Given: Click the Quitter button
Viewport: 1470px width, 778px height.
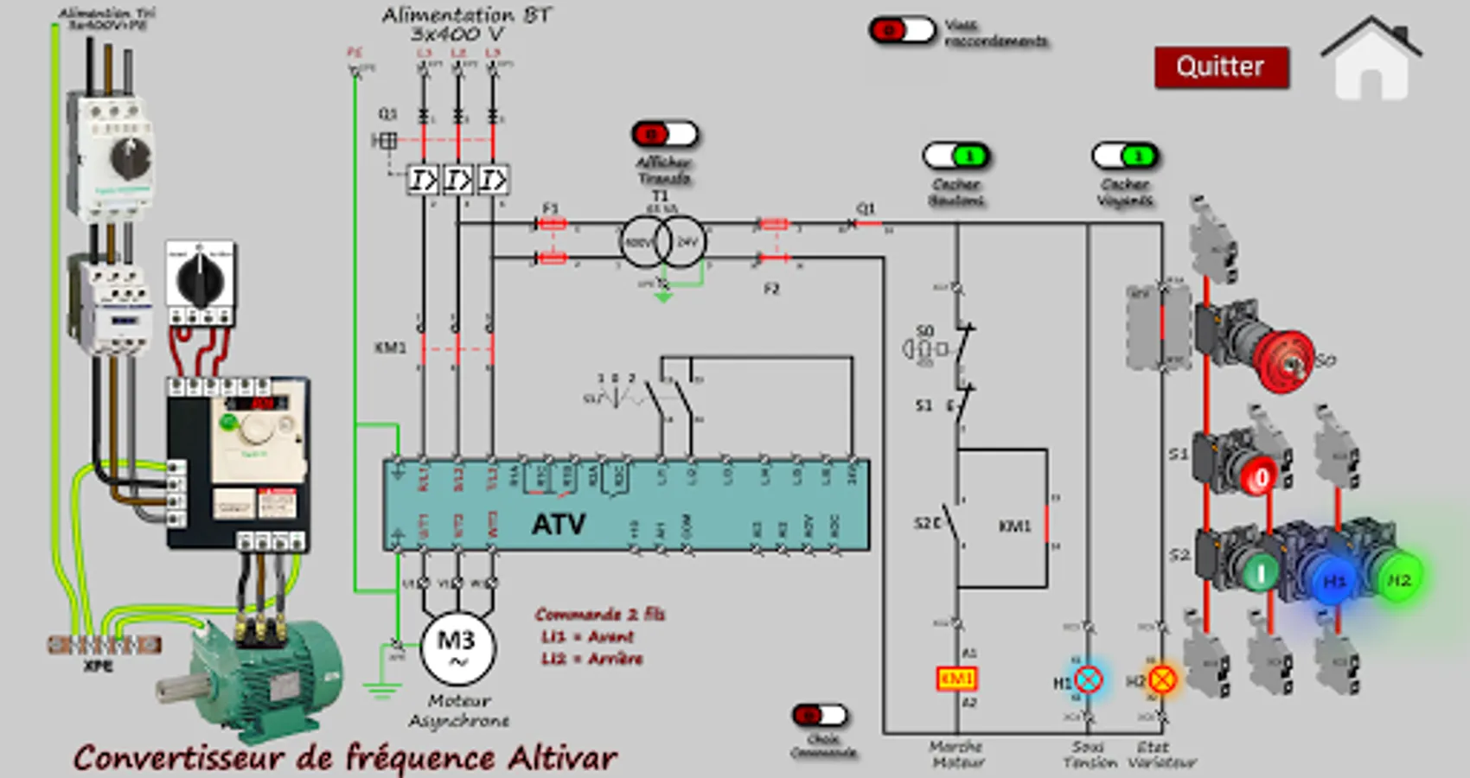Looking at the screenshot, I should (x=1221, y=67).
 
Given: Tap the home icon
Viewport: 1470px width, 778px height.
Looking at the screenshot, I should (x=1371, y=61).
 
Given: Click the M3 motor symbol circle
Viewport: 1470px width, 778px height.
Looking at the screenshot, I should (x=457, y=647).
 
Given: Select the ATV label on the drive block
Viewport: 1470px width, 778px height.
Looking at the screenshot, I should (x=559, y=523).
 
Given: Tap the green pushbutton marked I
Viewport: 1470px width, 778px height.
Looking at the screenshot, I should (x=1260, y=571).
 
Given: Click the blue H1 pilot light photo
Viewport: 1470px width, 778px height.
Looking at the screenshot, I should (x=1334, y=580).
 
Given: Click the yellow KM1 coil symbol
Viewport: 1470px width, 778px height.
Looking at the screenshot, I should (x=956, y=679).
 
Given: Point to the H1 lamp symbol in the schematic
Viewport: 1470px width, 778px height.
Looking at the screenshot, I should (x=1089, y=679).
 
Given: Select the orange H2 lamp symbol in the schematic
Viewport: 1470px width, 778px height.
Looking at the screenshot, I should (x=1162, y=679).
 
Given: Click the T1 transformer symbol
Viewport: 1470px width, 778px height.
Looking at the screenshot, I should (x=663, y=241).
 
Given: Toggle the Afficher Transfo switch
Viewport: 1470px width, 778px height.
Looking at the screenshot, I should (x=664, y=134).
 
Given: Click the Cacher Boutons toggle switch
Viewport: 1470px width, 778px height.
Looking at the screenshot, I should (x=956, y=156).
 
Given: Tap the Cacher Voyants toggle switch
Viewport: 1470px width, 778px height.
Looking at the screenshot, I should (x=1125, y=156).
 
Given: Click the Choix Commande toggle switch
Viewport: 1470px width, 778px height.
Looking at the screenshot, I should (x=821, y=715).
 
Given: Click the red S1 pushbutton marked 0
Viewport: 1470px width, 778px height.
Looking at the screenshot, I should (x=1260, y=475).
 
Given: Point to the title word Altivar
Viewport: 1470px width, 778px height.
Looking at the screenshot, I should (x=562, y=758).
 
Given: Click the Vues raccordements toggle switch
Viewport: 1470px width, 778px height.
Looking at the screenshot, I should (x=902, y=31).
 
